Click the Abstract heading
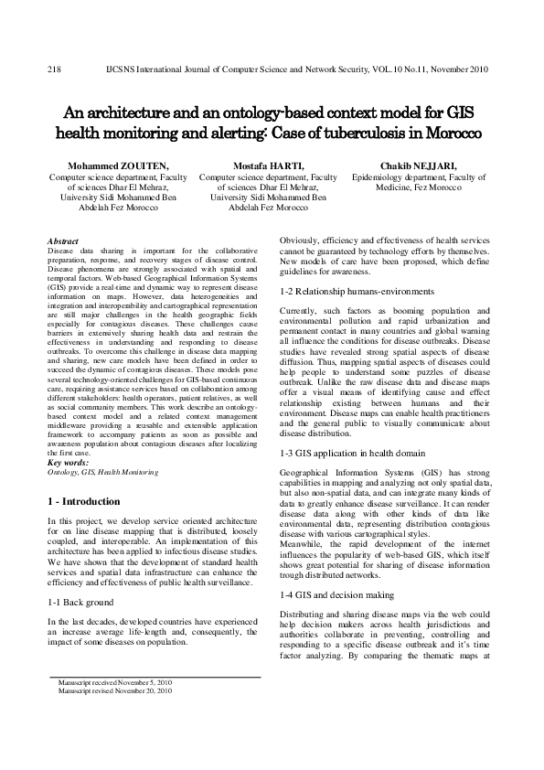(x=62, y=241)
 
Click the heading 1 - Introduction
(x=83, y=502)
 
